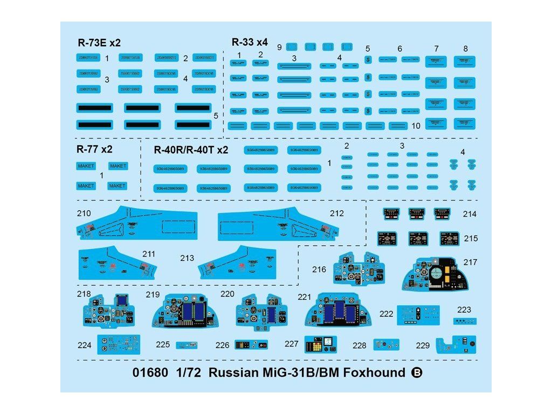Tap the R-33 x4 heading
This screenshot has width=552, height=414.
[250, 42]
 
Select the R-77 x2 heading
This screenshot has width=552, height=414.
[95, 149]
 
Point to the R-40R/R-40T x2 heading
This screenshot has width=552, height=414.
[191, 150]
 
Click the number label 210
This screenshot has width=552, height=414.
[84, 213]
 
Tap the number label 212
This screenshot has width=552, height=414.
[336, 213]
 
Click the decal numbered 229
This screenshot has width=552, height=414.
[457, 344]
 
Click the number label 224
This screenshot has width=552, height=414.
[84, 346]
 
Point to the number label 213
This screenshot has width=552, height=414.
[187, 258]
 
